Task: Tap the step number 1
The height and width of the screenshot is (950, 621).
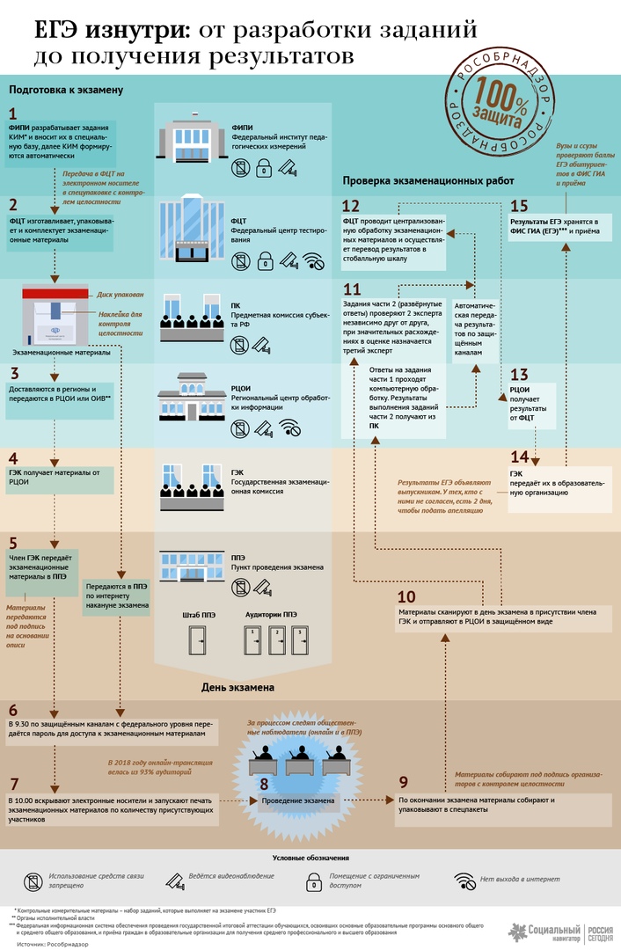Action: click(13, 113)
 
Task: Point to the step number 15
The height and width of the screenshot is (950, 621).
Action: click(519, 205)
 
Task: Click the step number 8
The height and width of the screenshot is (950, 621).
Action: click(263, 784)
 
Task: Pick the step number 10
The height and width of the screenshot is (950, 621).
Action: click(406, 596)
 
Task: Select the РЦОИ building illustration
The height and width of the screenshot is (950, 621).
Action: click(191, 398)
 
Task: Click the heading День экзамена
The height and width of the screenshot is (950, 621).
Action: click(237, 687)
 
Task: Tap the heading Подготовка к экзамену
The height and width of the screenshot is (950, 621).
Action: click(65, 90)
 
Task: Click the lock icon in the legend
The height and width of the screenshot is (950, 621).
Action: click(311, 880)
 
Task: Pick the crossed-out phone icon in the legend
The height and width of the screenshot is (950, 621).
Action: click(33, 880)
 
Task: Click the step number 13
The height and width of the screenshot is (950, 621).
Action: click(519, 374)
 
